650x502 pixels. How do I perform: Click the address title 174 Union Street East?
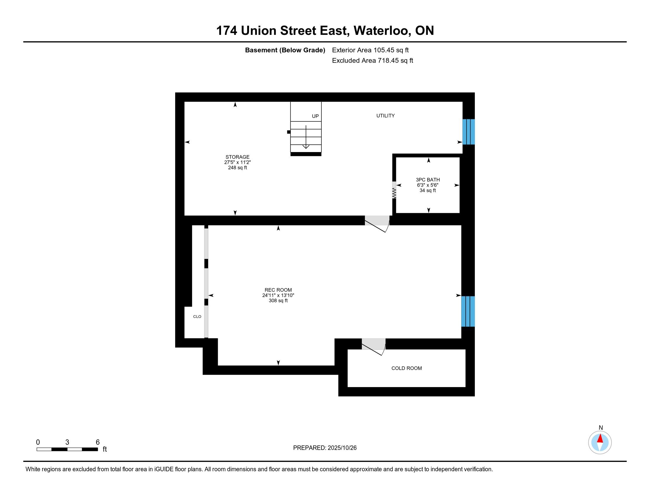(x=281, y=31)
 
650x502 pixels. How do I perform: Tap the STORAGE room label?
(x=237, y=157)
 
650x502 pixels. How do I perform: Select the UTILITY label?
(x=385, y=116)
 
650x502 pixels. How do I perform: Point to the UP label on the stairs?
(x=315, y=116)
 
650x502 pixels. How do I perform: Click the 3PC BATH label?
(x=428, y=180)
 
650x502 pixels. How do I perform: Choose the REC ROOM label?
(x=278, y=290)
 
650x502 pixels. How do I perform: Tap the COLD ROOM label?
(x=407, y=368)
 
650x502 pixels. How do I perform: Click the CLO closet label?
(x=197, y=317)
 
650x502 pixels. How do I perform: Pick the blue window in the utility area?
(x=469, y=132)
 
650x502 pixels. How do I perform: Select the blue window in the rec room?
(x=468, y=311)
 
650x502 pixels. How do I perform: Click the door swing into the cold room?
(x=373, y=347)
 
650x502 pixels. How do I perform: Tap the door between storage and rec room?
(x=377, y=224)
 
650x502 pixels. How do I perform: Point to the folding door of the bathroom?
(x=394, y=190)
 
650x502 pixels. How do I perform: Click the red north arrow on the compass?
(x=600, y=439)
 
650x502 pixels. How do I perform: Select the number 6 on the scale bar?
(x=97, y=442)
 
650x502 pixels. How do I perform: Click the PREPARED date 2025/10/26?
(x=342, y=448)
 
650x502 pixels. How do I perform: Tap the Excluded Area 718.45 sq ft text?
(x=372, y=61)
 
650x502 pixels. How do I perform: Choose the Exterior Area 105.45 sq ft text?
(x=370, y=50)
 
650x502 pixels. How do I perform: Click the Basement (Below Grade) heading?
(x=285, y=50)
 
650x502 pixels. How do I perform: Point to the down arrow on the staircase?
(x=306, y=137)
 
